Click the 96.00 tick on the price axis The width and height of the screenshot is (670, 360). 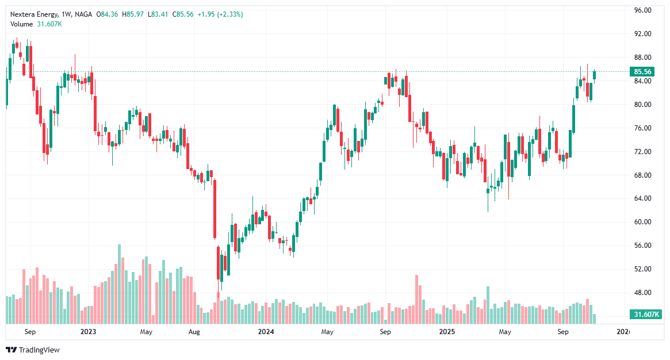coord(642,10)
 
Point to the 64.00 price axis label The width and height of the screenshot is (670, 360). coord(642,198)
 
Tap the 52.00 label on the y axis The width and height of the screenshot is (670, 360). coord(642,269)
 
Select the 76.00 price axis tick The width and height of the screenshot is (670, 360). coord(642,128)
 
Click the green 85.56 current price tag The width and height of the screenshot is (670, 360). coord(642,72)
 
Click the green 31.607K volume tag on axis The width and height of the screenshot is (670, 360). coord(646,315)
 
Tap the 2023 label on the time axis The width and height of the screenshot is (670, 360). coord(88,332)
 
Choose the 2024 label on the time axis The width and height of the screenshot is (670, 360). coord(266,332)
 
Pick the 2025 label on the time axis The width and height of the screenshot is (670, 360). coord(447,332)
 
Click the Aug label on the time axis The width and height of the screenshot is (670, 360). coord(194,332)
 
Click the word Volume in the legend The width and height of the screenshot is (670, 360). coord(22,24)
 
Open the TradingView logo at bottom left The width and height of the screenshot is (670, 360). coord(33,350)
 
